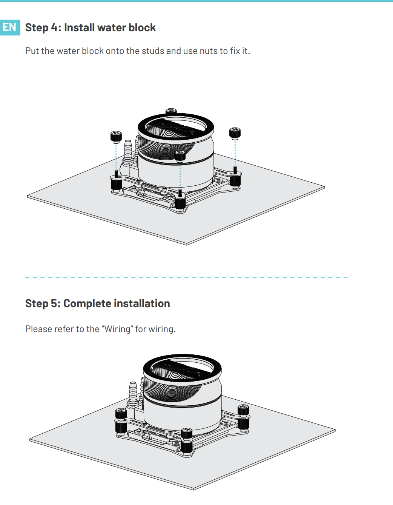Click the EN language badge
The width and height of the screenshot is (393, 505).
(x=10, y=28)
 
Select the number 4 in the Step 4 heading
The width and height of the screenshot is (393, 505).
(x=54, y=28)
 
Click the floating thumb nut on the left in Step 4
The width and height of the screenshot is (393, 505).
(x=116, y=137)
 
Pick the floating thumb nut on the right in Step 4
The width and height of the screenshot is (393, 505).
(x=235, y=133)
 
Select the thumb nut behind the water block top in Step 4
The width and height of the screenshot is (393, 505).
(x=171, y=111)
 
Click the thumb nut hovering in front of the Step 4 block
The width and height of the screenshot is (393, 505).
(x=180, y=156)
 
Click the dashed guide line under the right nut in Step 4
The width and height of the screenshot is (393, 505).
(x=235, y=153)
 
